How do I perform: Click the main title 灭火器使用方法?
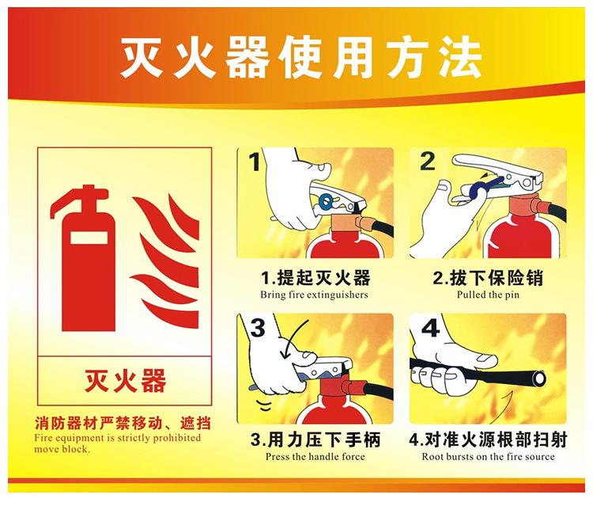tap(300, 56)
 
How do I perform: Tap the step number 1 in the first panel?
tap(255, 163)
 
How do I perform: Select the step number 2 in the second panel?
tap(427, 162)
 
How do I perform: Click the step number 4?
tap(429, 328)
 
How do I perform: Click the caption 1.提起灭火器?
tap(315, 278)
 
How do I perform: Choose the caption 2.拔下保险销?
tap(488, 278)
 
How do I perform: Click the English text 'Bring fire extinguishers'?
tap(315, 295)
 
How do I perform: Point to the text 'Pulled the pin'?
tap(488, 295)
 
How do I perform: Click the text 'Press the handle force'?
tap(315, 457)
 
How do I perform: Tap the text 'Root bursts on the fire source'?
tap(488, 457)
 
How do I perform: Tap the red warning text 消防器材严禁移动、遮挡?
tap(123, 423)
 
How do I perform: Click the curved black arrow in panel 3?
tap(289, 338)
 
